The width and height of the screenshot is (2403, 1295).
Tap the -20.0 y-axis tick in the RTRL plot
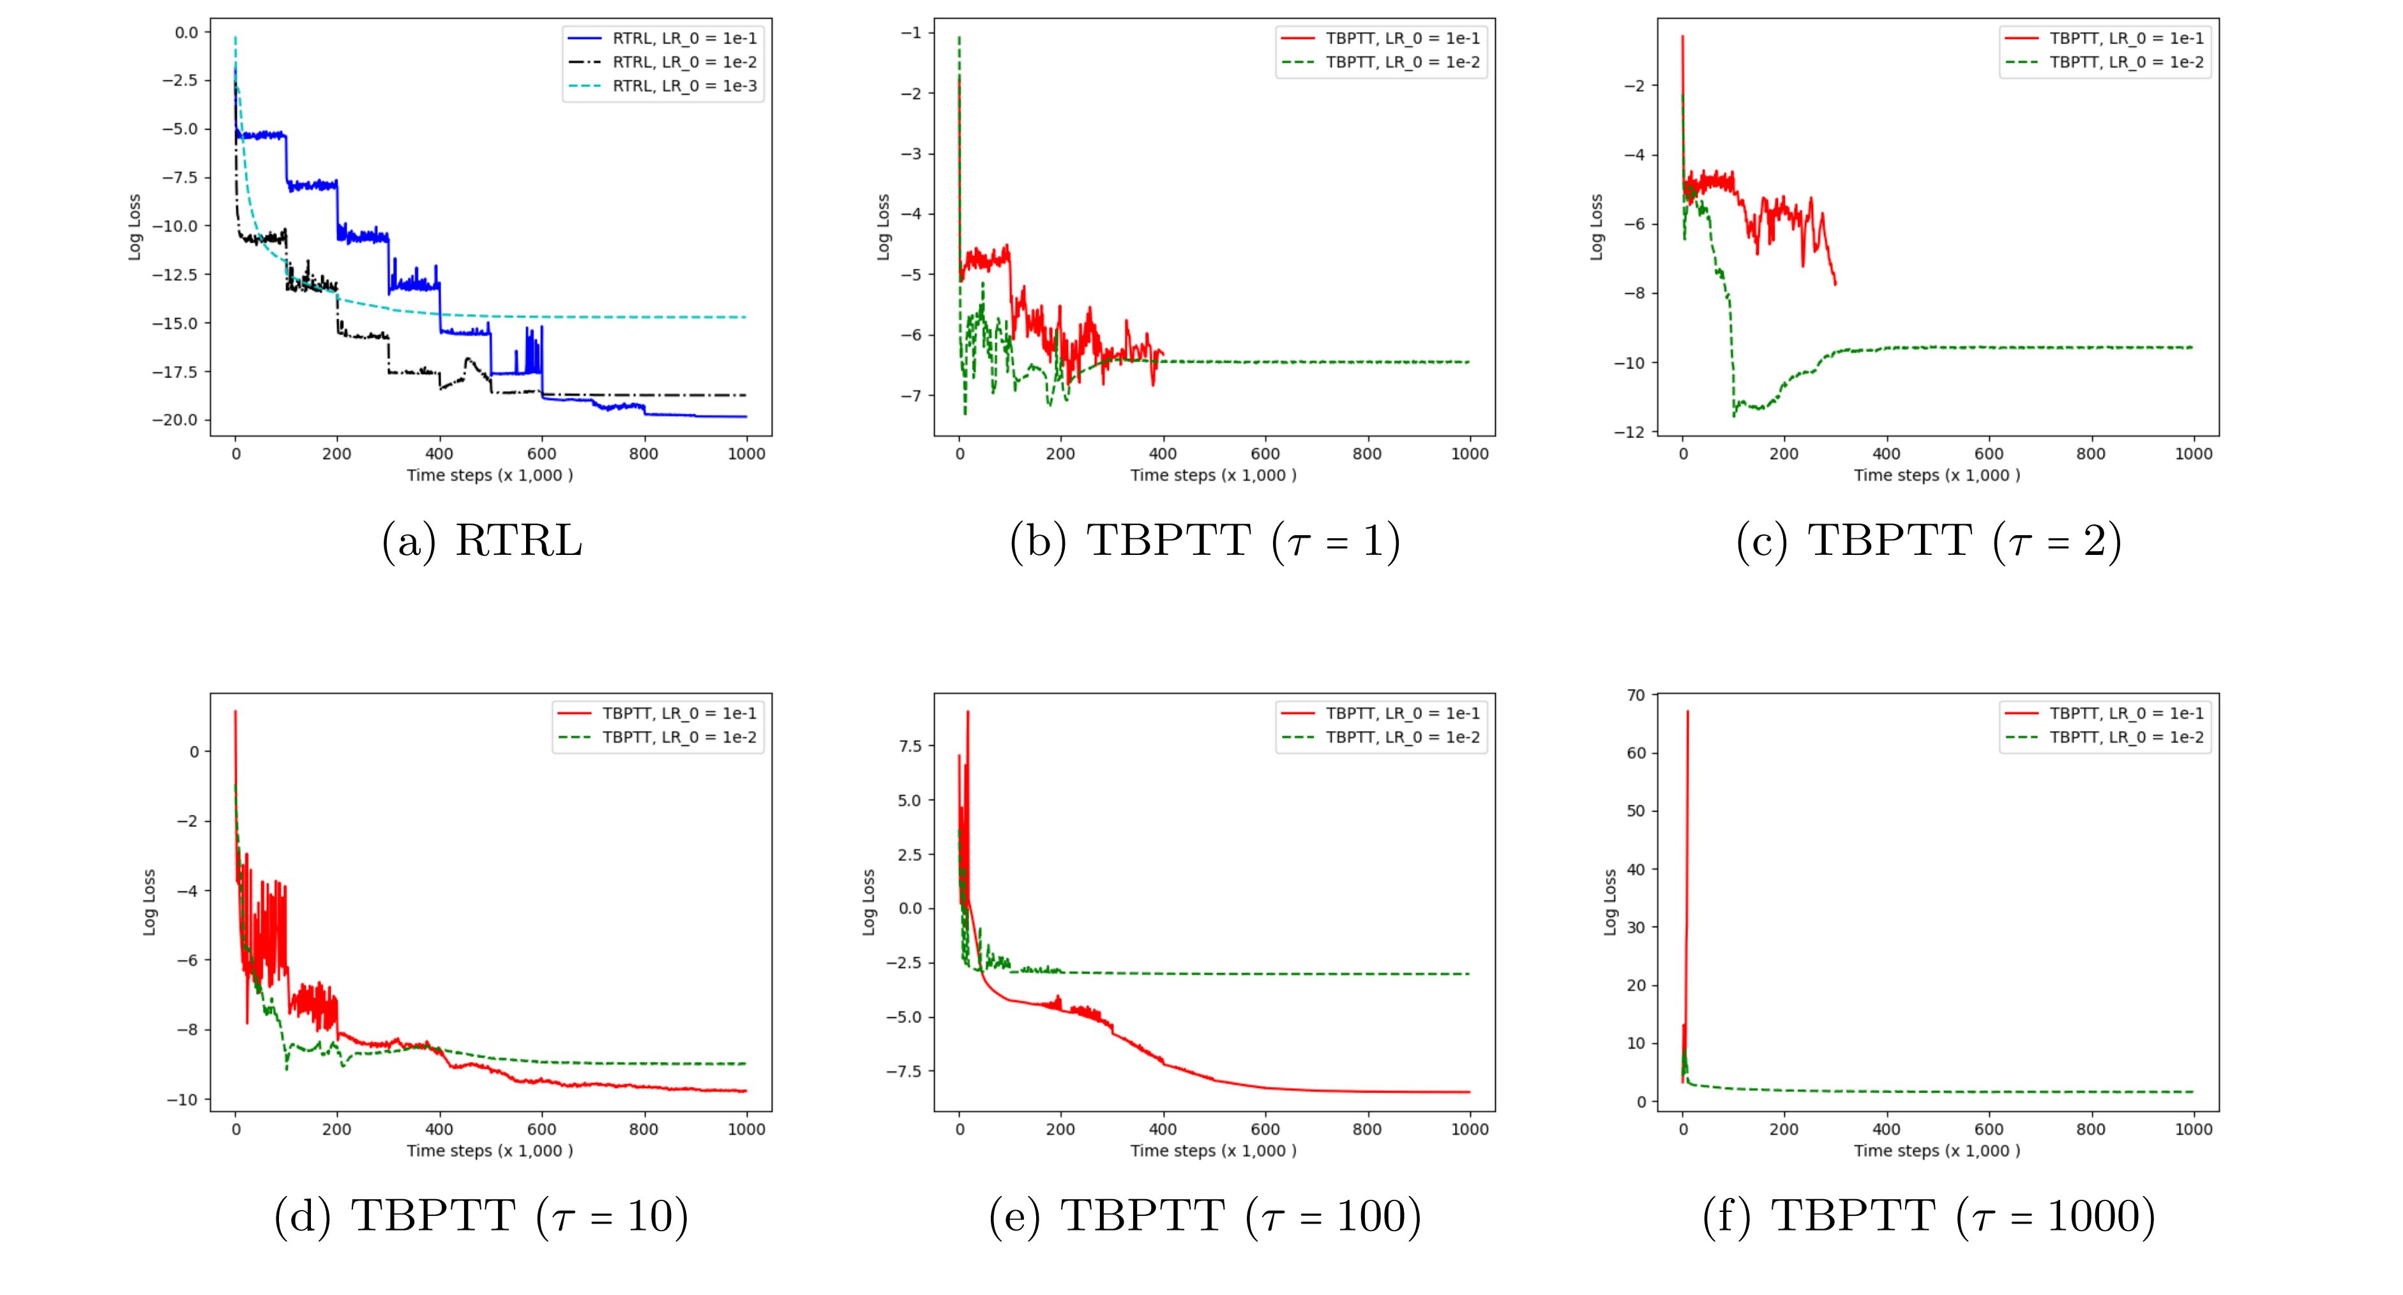tap(179, 420)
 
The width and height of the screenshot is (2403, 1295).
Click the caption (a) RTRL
tap(481, 541)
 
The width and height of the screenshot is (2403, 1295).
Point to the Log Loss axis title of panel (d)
tap(149, 902)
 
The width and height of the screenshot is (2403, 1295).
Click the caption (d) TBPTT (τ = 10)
tap(481, 1216)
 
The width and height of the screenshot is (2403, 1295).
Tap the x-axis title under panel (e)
tap(1214, 1151)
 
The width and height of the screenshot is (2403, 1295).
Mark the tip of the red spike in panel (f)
tap(1687, 712)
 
